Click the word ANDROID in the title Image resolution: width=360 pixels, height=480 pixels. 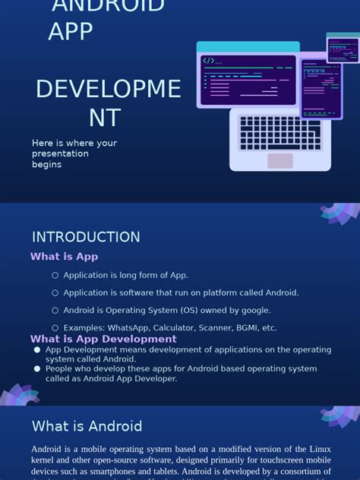pos(107,6)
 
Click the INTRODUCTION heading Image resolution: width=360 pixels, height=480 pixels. pos(86,237)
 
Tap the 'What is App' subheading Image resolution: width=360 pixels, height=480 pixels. pos(64,257)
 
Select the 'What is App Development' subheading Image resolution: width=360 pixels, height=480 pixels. pos(103,339)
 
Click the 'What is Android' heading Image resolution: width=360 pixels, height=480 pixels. pos(87,427)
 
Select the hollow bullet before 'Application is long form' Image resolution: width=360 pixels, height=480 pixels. pos(55,275)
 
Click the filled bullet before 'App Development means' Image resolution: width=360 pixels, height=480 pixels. pos(36,350)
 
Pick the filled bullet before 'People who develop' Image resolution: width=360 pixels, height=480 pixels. pos(36,368)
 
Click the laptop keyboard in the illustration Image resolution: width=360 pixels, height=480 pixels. pos(279,133)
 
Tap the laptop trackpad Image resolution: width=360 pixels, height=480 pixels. pos(279,160)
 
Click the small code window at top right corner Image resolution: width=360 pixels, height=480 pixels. pos(343,49)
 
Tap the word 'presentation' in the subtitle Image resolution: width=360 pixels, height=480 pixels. pos(60,153)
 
